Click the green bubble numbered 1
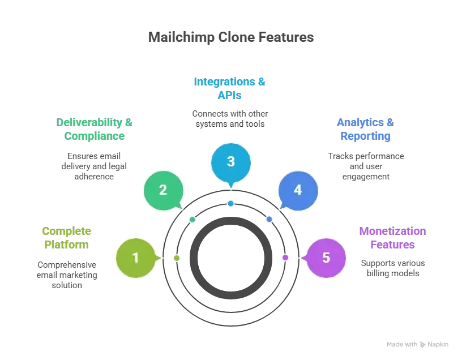[x=136, y=258]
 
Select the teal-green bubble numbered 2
[x=164, y=190]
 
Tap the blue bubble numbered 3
[x=231, y=162]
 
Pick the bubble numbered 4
[x=298, y=191]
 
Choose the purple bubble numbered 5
[x=326, y=258]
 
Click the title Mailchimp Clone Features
[x=231, y=37]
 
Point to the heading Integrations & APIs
[x=229, y=88]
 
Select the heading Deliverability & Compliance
[x=95, y=129]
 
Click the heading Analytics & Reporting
[x=365, y=129]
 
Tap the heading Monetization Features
[x=392, y=238]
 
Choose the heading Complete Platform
[x=67, y=238]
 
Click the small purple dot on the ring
[x=285, y=258]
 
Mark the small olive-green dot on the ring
[x=177, y=258]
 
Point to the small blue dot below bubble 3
[x=230, y=203]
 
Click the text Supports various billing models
[x=393, y=268]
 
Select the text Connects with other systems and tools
[x=230, y=119]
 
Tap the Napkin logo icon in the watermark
[x=422, y=344]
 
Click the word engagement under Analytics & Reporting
[x=366, y=177]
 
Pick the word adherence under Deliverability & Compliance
[x=94, y=177]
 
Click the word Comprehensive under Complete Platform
[x=67, y=265]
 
